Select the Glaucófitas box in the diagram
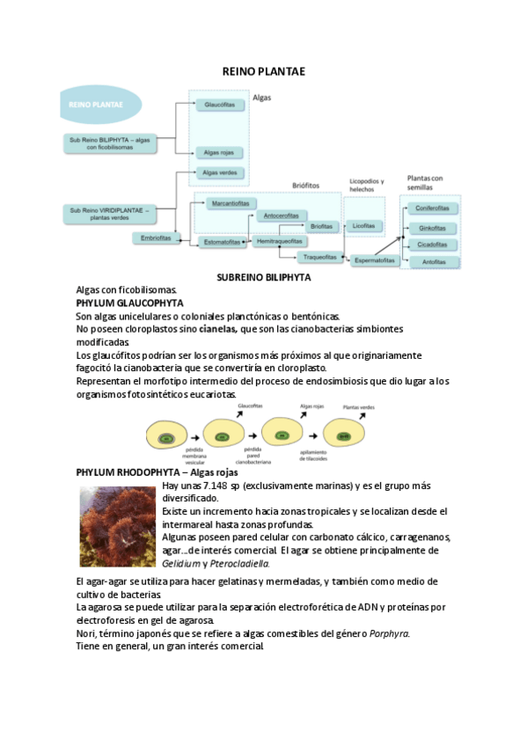[219, 105]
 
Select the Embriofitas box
[156, 238]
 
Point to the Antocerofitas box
[281, 216]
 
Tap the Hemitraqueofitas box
[281, 241]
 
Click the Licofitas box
[362, 226]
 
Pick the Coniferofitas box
[432, 208]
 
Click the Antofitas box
[432, 262]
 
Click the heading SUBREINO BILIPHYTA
[263, 277]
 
